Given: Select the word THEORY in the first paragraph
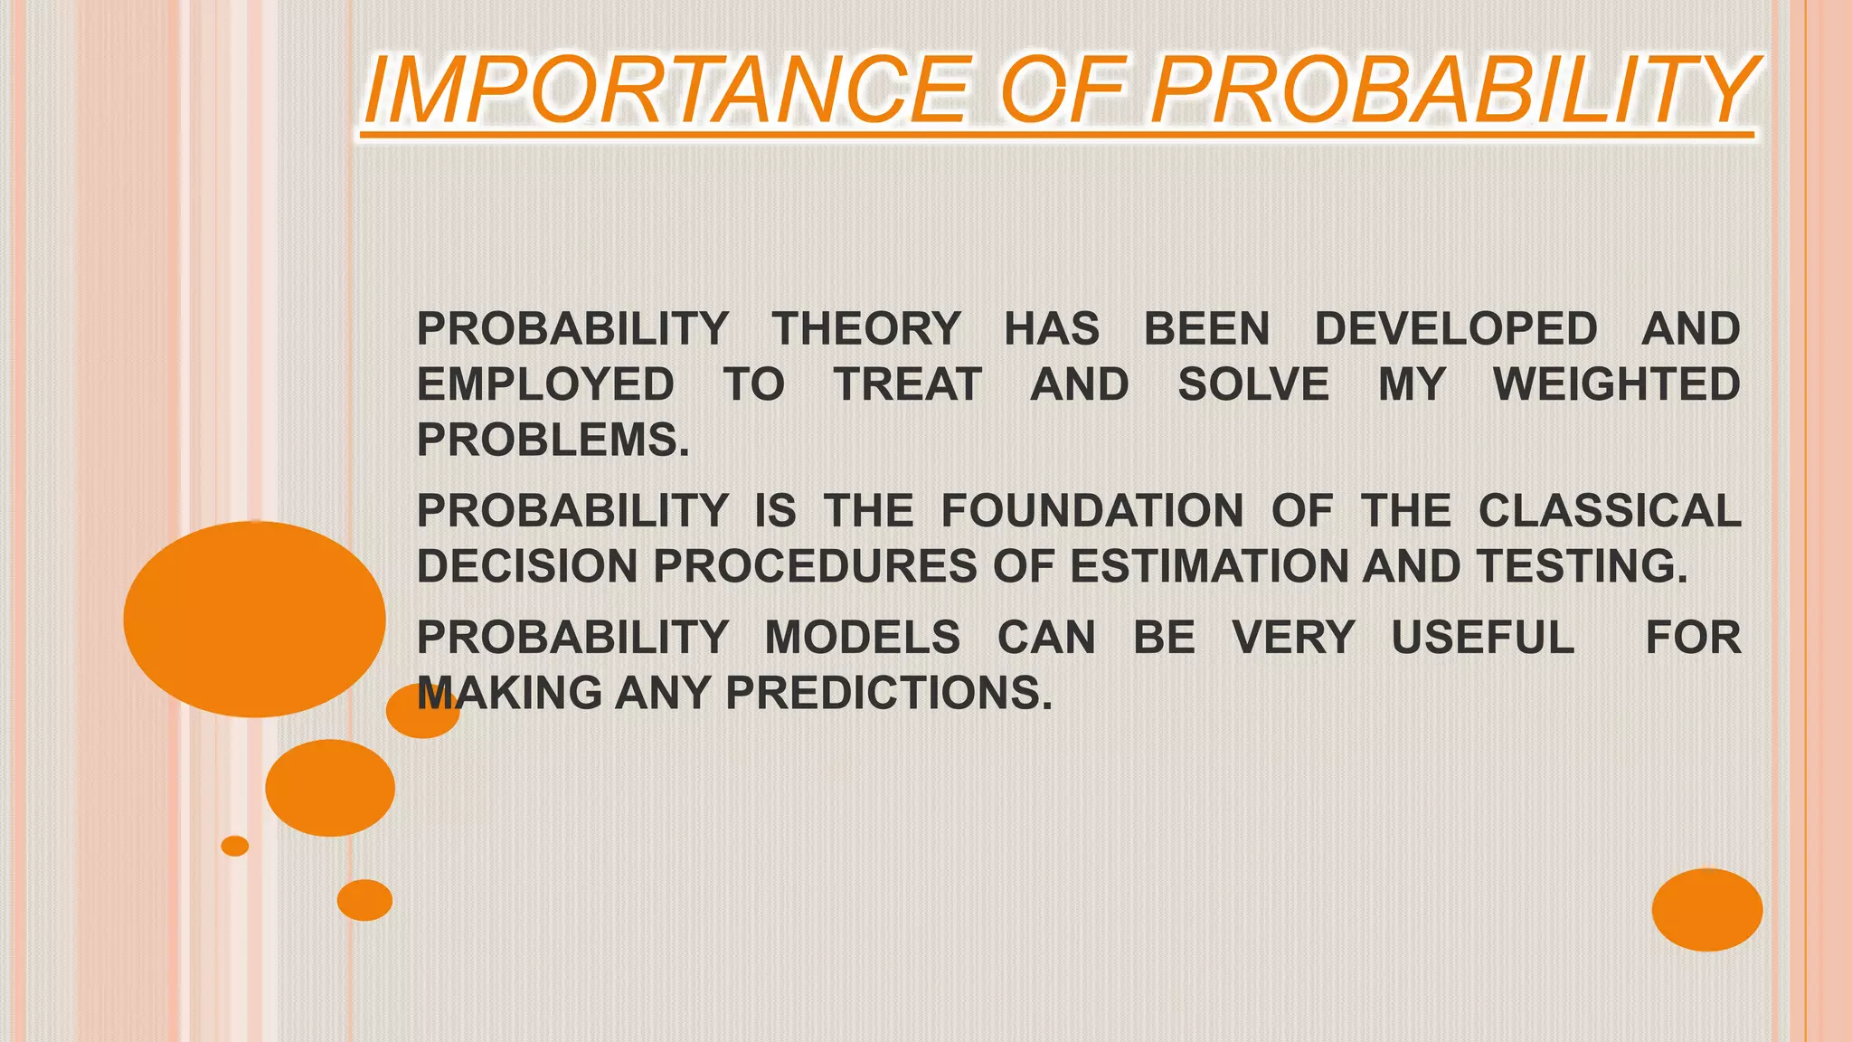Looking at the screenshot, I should click(865, 328).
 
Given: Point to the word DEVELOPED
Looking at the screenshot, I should click(1455, 328).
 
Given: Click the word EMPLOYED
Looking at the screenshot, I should click(545, 384).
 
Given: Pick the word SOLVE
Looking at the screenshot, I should click(1252, 384).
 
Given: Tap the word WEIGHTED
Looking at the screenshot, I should click(1616, 384).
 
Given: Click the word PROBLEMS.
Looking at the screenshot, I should click(553, 440).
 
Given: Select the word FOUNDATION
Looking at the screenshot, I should click(1092, 511).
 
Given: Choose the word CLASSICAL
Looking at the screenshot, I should click(1609, 511).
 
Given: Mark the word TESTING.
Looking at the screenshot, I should click(1582, 567).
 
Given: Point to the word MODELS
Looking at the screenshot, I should click(863, 638).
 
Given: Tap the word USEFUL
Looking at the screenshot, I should click(1482, 638).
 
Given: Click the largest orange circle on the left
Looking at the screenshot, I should click(254, 620).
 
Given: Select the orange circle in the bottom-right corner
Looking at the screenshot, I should click(1706, 909).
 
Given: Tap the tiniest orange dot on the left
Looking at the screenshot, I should click(235, 846).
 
